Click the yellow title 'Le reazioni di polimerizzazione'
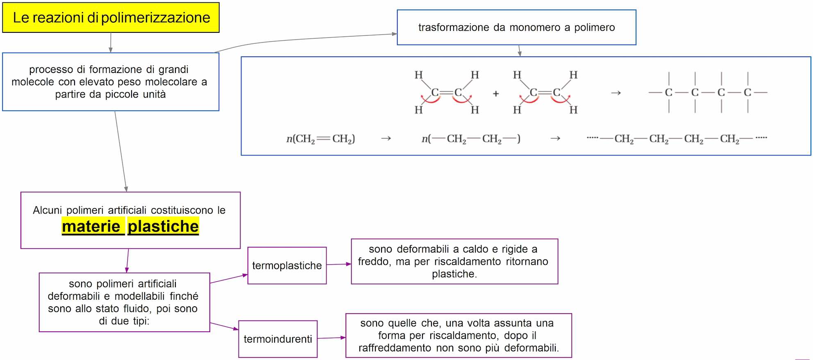click(x=111, y=18)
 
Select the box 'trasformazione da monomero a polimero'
click(x=516, y=27)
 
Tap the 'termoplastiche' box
click(x=287, y=266)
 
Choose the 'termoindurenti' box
click(x=278, y=339)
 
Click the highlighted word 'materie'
click(x=93, y=226)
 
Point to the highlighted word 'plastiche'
click(x=163, y=226)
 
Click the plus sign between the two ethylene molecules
click(x=496, y=94)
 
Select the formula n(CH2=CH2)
click(x=320, y=139)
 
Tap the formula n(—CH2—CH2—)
click(x=471, y=139)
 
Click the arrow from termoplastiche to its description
click(x=339, y=264)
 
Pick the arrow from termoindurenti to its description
click(x=332, y=338)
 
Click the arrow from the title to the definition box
click(x=111, y=43)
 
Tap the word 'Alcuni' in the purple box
click(x=47, y=210)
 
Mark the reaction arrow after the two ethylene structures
click(x=615, y=93)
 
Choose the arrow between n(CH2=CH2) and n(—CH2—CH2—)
click(x=386, y=139)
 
